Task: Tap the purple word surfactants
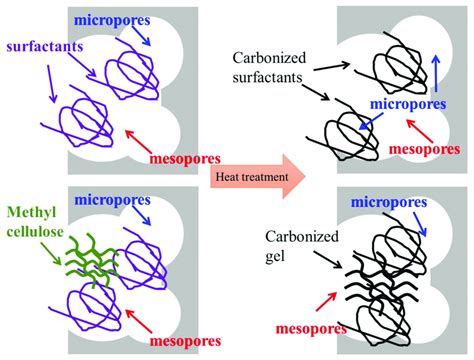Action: click(x=42, y=46)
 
